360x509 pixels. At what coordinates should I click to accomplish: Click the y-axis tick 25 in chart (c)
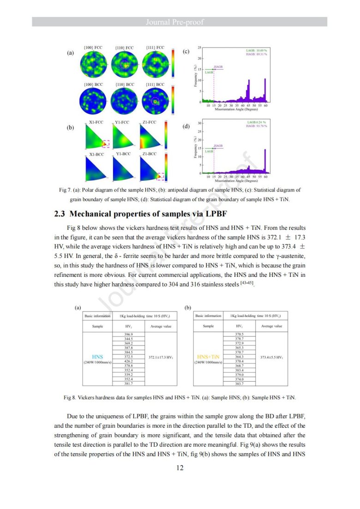[199, 48]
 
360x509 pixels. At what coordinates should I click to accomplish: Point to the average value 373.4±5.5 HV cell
[271, 357]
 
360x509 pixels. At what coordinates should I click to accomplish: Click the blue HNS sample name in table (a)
[97, 357]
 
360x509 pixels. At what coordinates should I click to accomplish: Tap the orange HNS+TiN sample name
[208, 357]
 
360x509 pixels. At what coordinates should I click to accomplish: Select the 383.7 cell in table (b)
[239, 383]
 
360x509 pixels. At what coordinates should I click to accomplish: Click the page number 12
[180, 468]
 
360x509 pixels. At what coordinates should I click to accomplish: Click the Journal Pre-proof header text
[180, 22]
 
